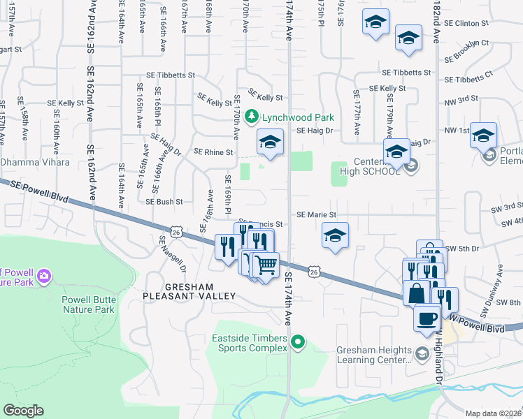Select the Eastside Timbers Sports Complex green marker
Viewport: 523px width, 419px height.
[x=299, y=342]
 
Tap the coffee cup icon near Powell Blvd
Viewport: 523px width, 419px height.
[x=427, y=318]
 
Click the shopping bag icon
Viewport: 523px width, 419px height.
[x=416, y=293]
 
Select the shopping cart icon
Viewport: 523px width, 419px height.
[x=265, y=265]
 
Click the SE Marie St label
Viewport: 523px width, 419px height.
[x=316, y=215]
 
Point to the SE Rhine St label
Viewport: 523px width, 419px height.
[x=213, y=152]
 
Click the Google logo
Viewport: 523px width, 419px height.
[x=24, y=411]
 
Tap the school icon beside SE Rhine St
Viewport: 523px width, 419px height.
[x=269, y=143]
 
